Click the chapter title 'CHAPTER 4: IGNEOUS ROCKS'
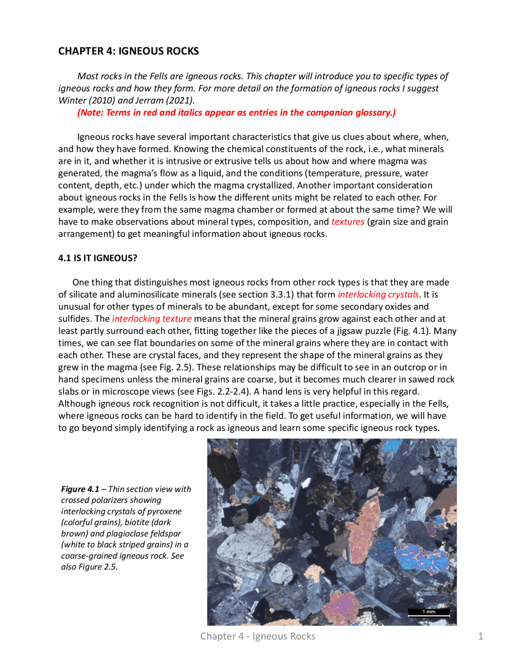(x=128, y=51)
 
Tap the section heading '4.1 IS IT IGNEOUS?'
(x=98, y=258)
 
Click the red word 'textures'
(x=347, y=222)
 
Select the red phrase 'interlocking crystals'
(x=378, y=294)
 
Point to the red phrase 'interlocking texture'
(x=152, y=319)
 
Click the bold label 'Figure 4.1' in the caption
(x=80, y=489)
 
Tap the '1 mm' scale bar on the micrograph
(x=429, y=612)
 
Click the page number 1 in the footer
(x=480, y=636)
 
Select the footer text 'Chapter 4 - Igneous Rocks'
(x=258, y=636)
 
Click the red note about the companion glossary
(x=236, y=112)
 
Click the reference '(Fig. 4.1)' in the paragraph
(x=412, y=331)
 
